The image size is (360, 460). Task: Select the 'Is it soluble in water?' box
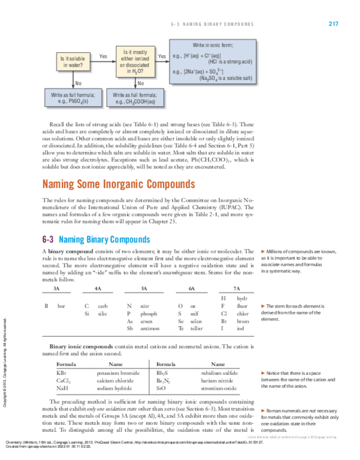click(72, 61)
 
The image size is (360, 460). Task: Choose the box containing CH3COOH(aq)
click(134, 98)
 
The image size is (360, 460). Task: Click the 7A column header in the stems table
click(237, 289)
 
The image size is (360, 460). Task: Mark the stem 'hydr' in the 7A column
click(242, 298)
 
